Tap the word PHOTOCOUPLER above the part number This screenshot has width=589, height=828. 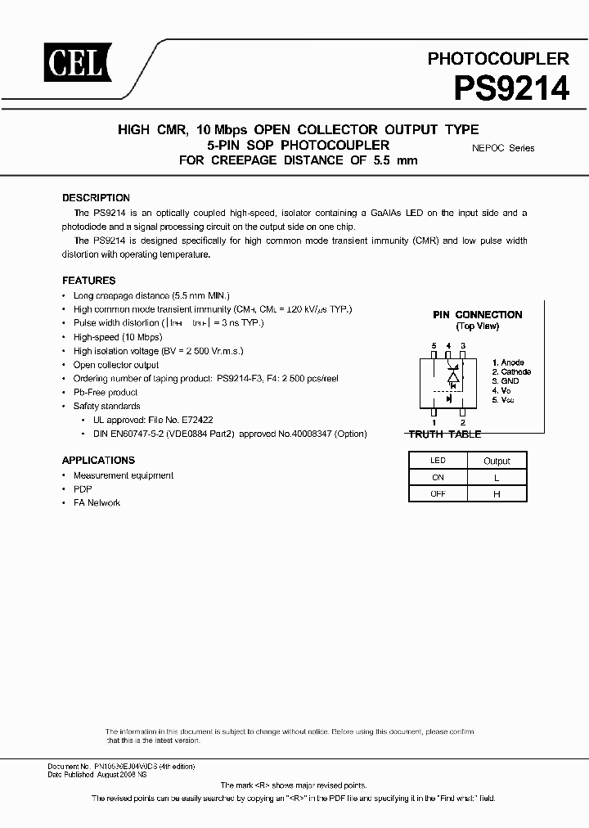(x=498, y=59)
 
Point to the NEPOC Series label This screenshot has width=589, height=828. (x=503, y=148)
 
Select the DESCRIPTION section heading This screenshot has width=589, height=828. (x=96, y=198)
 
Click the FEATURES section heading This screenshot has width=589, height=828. (x=89, y=281)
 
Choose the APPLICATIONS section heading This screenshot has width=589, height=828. (x=98, y=461)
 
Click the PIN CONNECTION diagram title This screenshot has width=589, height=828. (x=477, y=315)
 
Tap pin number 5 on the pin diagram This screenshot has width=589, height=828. (x=434, y=346)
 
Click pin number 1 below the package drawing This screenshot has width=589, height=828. (x=434, y=422)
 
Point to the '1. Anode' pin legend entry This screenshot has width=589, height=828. (x=508, y=362)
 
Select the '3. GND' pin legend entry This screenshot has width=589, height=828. (x=506, y=381)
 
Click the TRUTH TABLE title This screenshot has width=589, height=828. (x=445, y=434)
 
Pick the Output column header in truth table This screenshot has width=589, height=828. (x=497, y=461)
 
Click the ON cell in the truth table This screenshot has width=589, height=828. (x=438, y=477)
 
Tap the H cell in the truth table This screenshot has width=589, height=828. (x=497, y=494)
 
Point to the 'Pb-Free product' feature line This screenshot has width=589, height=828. (x=106, y=392)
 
